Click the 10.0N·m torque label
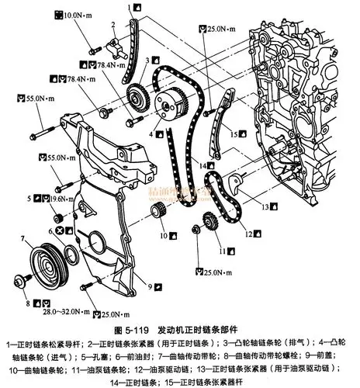(78, 16)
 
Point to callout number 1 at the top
(129, 7)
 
